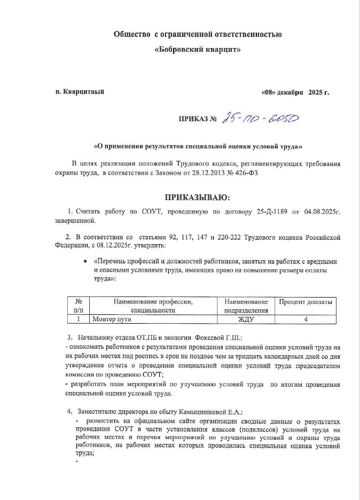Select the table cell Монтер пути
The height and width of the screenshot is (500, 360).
(112, 319)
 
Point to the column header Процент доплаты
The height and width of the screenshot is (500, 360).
(306, 302)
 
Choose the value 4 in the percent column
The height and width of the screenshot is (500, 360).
(306, 319)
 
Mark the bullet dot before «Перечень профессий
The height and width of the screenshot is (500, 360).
(86, 262)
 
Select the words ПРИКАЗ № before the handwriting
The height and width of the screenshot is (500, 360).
(197, 119)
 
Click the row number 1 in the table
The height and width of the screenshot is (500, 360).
(78, 319)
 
